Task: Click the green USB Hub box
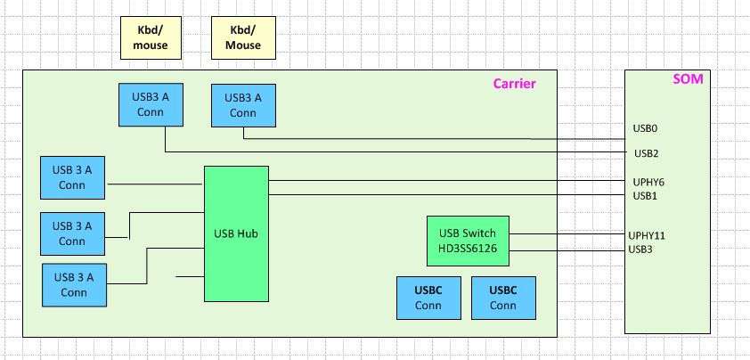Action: click(236, 233)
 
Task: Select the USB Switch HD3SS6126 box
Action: click(469, 241)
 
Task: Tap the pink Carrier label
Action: click(514, 85)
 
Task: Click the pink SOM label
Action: click(688, 79)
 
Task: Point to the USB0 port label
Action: click(645, 128)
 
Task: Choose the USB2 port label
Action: click(645, 153)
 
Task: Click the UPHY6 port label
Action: click(648, 182)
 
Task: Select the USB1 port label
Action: click(645, 195)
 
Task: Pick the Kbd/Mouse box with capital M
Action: click(243, 37)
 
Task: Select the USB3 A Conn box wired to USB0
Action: click(243, 105)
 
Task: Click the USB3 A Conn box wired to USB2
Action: click(151, 105)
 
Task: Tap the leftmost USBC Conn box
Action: click(428, 298)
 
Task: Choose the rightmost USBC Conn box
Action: click(503, 298)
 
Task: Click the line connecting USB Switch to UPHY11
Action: click(568, 234)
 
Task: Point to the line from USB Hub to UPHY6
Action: click(445, 182)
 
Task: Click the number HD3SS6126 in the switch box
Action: click(469, 250)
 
